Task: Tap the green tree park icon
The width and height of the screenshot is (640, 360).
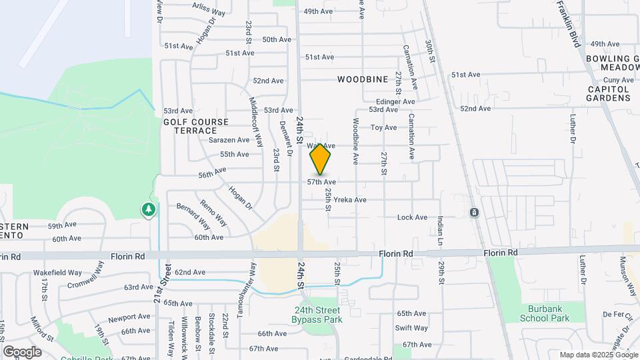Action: pos(149,210)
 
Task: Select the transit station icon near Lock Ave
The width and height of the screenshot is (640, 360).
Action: pos(473,213)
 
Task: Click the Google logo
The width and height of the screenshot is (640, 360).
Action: pos(22,351)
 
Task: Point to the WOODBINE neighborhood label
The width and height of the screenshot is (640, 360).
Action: pos(362,79)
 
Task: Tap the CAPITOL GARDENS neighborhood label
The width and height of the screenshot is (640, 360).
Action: pos(609,93)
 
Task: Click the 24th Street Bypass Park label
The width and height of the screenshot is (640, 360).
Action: pos(317,315)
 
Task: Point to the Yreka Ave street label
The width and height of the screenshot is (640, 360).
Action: pos(351,199)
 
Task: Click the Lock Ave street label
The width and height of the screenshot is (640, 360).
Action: pos(412,217)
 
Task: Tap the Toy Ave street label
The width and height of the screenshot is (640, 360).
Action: pos(383,127)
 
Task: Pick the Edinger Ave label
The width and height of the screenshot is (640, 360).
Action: pos(395,101)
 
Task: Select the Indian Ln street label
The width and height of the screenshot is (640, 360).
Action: pos(441,231)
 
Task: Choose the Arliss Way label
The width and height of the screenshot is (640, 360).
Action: pos(208,9)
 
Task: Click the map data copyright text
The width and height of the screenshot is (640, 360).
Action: pos(598,355)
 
